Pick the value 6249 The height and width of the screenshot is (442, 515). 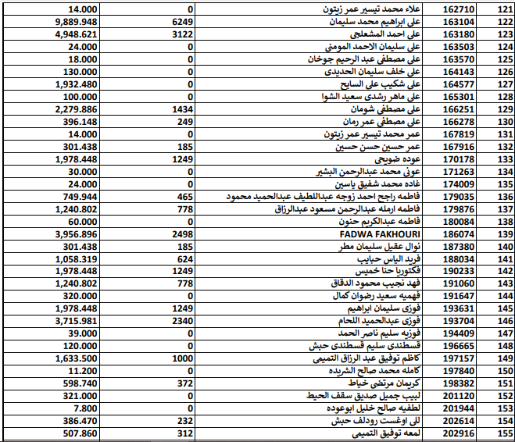(x=182, y=22)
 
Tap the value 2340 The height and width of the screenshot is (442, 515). (x=182, y=321)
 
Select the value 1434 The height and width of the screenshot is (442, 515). (x=182, y=109)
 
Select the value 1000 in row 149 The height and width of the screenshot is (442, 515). (x=182, y=358)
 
